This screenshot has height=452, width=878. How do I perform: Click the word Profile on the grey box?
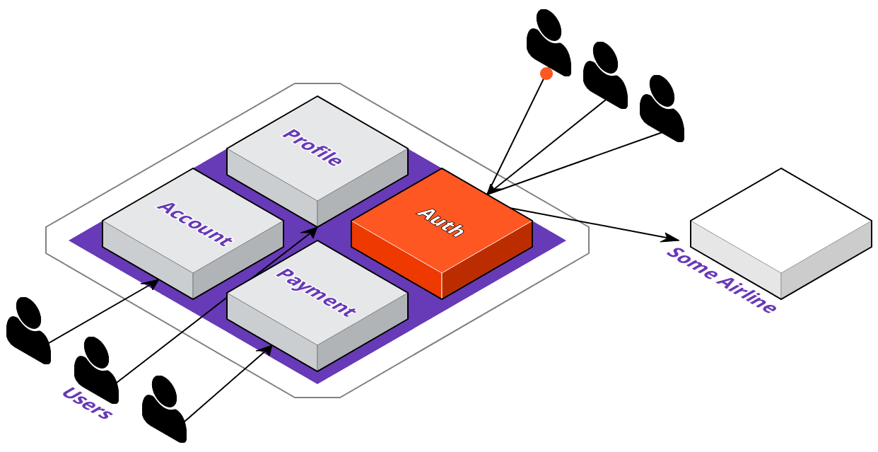312,147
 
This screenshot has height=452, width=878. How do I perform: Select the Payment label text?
316,292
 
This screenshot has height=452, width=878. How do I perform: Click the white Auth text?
440,222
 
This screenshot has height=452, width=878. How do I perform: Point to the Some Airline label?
721,279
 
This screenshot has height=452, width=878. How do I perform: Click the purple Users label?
88,402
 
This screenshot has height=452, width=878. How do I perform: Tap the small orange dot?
546,74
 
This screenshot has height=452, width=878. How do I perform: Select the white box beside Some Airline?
781,234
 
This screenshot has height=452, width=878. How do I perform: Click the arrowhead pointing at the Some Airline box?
671,238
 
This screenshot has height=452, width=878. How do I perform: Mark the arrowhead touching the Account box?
151,283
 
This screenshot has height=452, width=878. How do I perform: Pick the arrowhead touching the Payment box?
266,349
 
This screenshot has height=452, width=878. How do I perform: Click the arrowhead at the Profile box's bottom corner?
310,232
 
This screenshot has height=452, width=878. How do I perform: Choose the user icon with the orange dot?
549,42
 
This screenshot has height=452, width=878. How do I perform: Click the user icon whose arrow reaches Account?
28,330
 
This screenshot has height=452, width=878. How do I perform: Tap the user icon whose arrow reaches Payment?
164,409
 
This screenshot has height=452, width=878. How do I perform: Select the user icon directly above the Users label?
96,370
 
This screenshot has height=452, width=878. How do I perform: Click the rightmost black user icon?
662,108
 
